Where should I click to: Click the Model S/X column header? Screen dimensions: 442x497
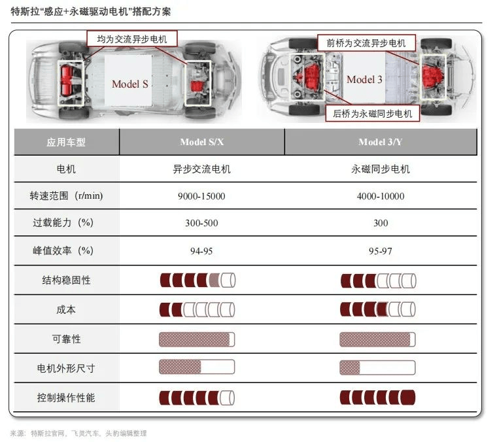201,142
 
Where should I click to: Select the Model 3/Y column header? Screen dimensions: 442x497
381,142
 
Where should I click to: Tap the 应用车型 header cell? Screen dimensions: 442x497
66,142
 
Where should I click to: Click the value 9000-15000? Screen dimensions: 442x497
201,196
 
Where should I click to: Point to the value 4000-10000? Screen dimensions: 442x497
381,196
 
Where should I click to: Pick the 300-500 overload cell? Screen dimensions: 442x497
201,223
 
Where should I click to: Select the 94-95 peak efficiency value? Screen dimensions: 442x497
201,250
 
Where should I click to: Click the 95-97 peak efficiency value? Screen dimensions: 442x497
381,250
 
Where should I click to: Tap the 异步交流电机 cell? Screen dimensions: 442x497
201,169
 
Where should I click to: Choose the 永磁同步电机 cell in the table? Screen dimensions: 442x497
381,169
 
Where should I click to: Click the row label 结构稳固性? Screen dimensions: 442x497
66,280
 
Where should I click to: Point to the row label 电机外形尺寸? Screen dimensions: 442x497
66,368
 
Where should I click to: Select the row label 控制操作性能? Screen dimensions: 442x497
66,398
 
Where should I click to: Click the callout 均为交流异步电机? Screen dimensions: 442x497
131,39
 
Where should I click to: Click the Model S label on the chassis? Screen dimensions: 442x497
129,84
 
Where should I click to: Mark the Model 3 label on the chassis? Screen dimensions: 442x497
364,80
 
